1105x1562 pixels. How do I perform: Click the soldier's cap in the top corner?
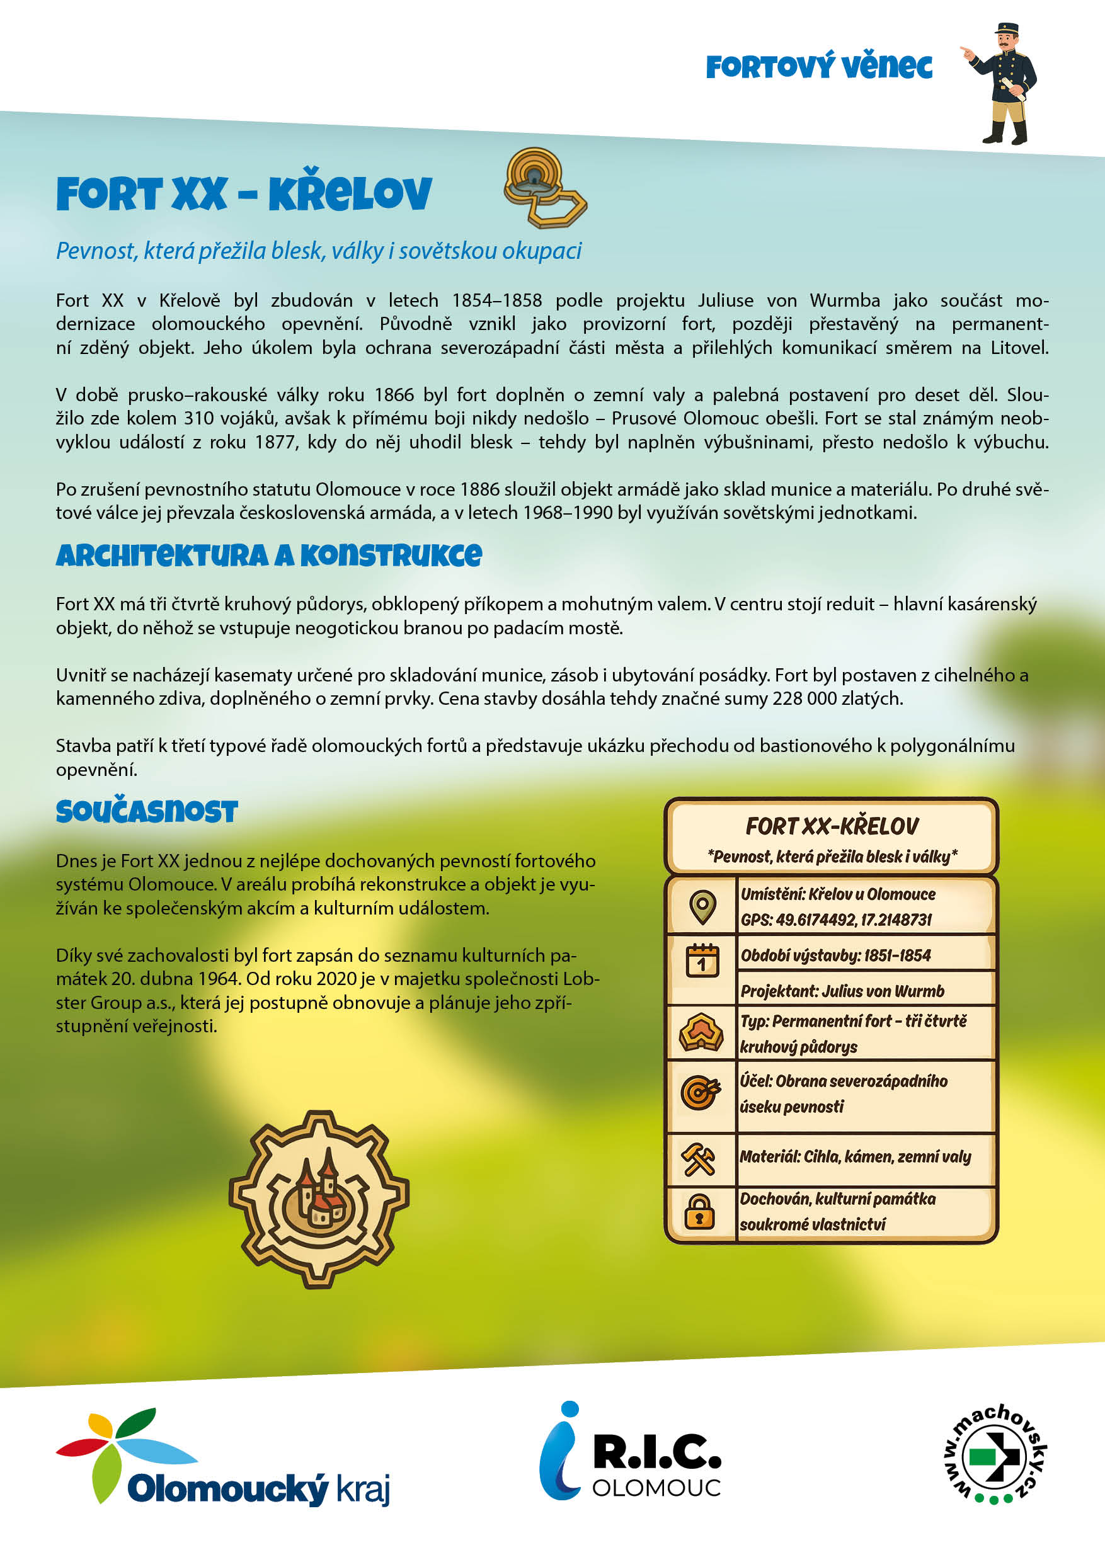pos(1006,29)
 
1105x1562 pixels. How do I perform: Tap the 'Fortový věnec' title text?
pos(818,67)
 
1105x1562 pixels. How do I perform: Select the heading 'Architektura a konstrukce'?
pos(269,556)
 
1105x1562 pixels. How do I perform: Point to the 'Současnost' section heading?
pos(147,811)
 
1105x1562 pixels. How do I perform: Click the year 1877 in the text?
pos(275,442)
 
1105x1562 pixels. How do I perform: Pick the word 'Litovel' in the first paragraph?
pos(1018,348)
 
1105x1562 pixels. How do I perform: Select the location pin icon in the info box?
pos(702,906)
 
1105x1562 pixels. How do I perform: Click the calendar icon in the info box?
pos(702,961)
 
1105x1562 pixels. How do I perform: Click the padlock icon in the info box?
pos(699,1212)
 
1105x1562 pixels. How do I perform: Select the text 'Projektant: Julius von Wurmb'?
pos(842,991)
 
